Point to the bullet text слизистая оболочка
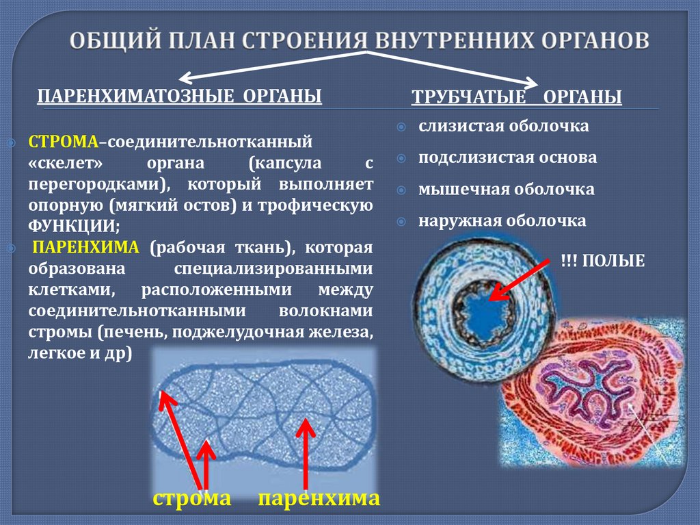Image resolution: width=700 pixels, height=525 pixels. [x=504, y=126]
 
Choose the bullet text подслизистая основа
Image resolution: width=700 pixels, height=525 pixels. [x=508, y=157]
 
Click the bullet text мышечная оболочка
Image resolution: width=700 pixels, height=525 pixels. [x=507, y=189]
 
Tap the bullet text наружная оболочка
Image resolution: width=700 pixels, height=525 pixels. [x=502, y=220]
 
